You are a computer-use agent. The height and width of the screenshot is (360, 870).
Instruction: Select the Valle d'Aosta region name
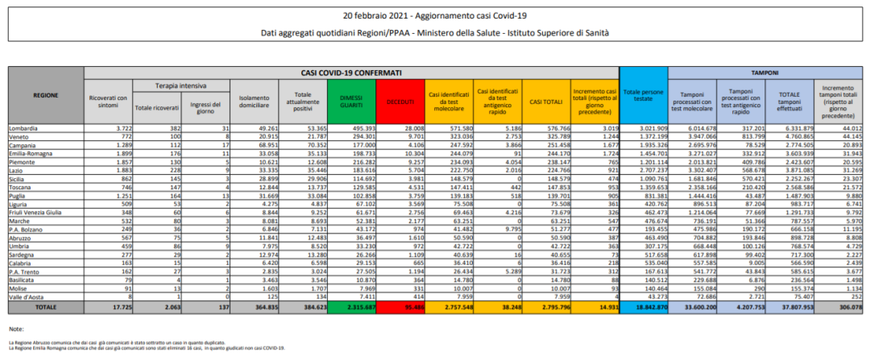coord(27,297)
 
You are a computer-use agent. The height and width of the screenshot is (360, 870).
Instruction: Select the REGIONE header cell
coord(45,95)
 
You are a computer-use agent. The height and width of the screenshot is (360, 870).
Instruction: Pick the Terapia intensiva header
coord(181,85)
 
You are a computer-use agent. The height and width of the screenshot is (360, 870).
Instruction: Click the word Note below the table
coord(17,329)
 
